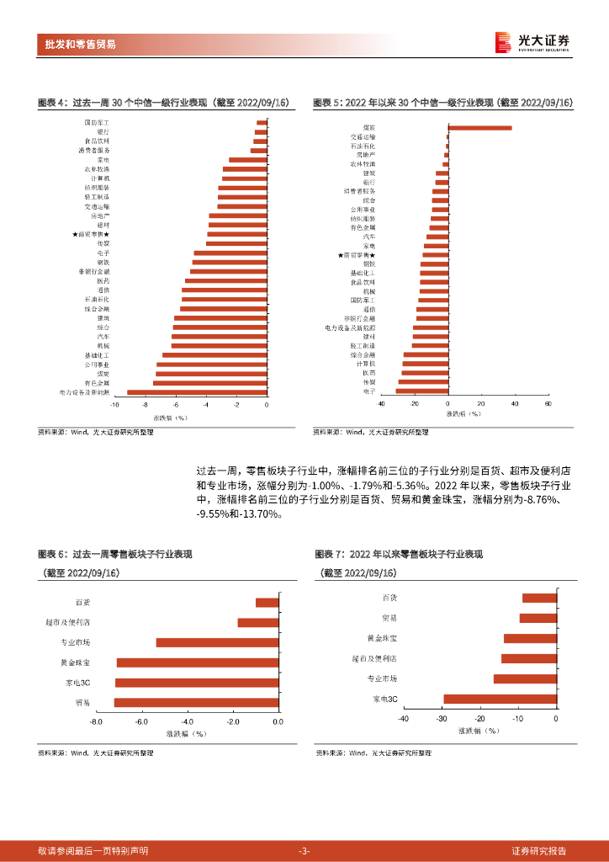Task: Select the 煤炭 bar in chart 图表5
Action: tap(479, 127)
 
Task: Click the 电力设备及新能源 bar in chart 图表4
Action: tap(197, 391)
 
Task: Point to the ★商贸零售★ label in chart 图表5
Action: tap(356, 254)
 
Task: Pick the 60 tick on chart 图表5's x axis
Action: tap(547, 404)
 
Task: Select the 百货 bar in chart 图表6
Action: tap(267, 603)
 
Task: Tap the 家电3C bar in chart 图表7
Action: tap(511, 699)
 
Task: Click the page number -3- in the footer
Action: tap(304, 851)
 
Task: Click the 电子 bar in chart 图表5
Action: tap(421, 391)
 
